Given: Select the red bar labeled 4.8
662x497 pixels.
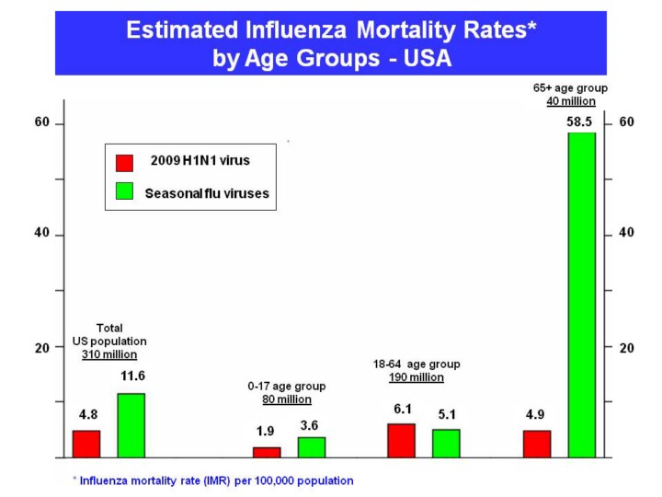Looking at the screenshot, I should pyautogui.click(x=86, y=444).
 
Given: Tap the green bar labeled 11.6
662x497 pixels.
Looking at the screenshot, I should pyautogui.click(x=131, y=425).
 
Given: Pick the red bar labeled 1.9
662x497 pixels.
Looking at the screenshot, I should pyautogui.click(x=267, y=452).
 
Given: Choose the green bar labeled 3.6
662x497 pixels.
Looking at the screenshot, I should pyautogui.click(x=312, y=447).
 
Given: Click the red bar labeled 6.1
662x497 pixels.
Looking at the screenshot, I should pyautogui.click(x=401, y=440).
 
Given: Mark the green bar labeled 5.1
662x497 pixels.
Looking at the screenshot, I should pyautogui.click(x=446, y=443).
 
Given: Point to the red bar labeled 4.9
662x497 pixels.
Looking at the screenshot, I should pyautogui.click(x=537, y=444).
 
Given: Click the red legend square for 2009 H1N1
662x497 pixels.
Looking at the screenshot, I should pyautogui.click(x=124, y=163).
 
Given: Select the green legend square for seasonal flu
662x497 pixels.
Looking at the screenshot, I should pyautogui.click(x=124, y=191).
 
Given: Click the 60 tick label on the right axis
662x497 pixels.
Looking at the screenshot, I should pyautogui.click(x=628, y=122).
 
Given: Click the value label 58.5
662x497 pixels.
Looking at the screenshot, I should pyautogui.click(x=581, y=121).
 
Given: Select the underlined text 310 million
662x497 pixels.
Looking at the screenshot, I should pyautogui.click(x=109, y=354).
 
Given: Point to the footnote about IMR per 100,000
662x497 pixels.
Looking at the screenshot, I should pyautogui.click(x=212, y=480).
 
